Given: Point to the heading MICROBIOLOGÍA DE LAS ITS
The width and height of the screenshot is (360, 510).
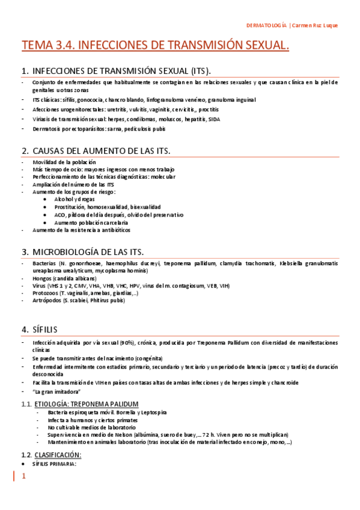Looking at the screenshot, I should [x=90, y=251].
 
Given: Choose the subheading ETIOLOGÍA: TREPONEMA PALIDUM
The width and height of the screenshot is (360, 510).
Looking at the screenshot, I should [x=87, y=404].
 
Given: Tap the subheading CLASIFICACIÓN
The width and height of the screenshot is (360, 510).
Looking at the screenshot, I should [x=57, y=455].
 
